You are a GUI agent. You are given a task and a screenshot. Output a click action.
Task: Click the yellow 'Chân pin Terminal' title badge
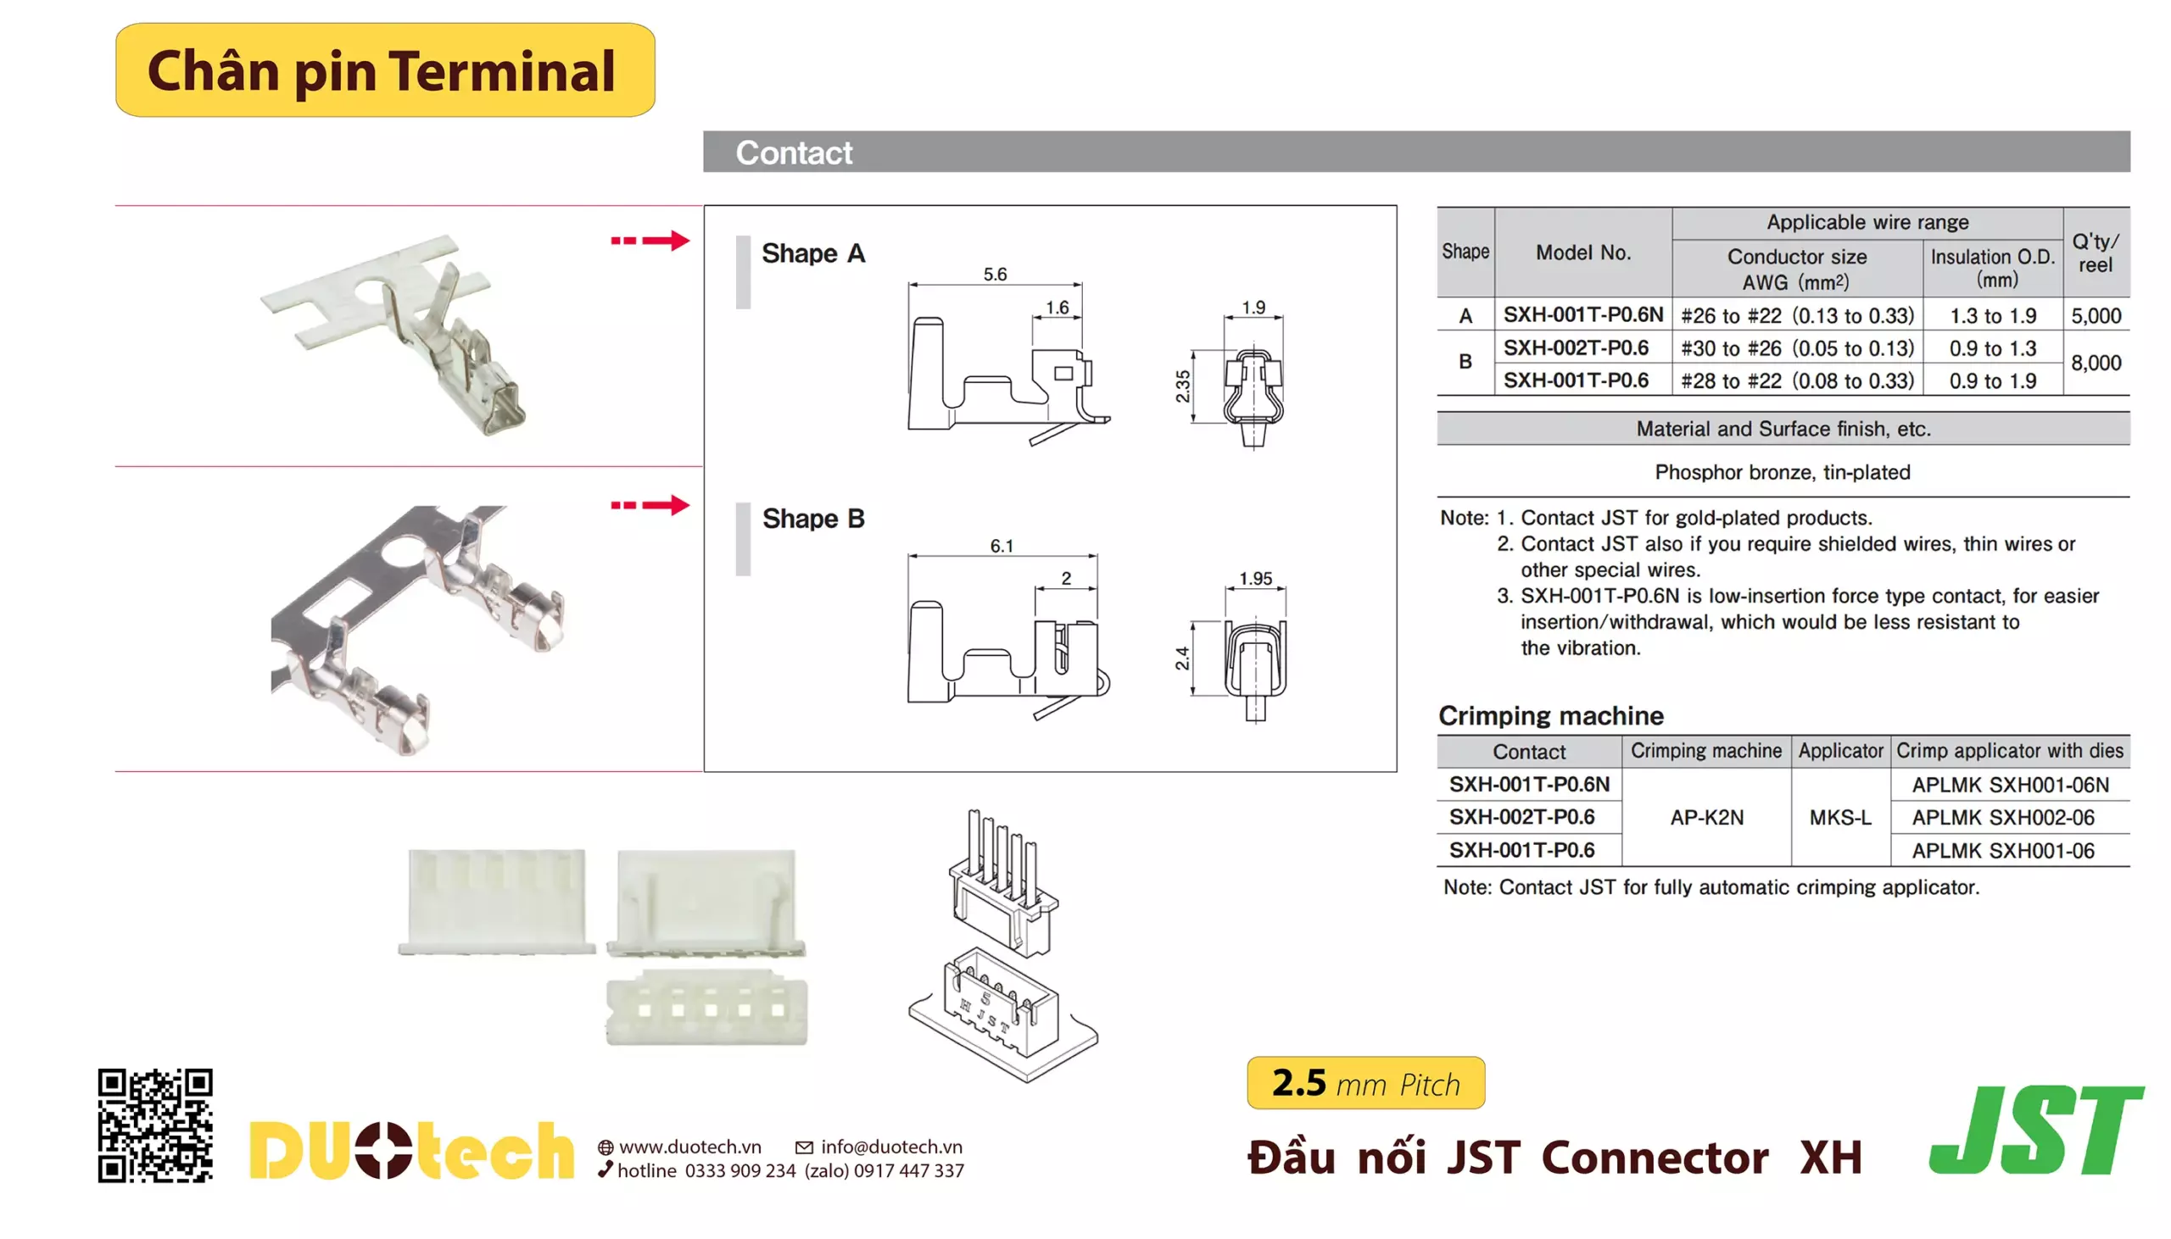pos(385,69)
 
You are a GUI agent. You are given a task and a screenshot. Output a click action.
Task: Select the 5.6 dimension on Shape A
pos(995,274)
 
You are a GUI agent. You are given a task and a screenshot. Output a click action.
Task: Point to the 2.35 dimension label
pos(1182,386)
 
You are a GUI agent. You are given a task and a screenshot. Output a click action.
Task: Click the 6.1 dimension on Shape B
pos(1002,546)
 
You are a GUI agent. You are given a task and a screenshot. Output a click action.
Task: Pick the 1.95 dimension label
pos(1255,579)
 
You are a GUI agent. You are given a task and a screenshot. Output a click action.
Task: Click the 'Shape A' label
pos(813,253)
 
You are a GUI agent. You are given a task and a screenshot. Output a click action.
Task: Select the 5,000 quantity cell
pos(2096,316)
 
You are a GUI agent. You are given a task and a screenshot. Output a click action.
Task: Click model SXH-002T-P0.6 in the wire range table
pos(1575,347)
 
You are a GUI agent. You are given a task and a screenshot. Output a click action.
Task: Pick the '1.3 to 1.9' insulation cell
pos(1992,316)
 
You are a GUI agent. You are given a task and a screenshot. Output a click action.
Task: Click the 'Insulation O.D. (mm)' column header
pos(1992,267)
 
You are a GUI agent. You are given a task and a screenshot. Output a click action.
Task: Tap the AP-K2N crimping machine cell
pos(1706,817)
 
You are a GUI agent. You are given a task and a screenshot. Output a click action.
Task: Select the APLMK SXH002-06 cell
pos(2002,817)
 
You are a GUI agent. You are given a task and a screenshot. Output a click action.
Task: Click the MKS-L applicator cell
pos(1839,817)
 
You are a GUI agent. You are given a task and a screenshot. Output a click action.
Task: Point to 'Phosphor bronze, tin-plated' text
pos(1782,472)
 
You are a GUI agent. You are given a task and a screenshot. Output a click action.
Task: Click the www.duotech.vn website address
pos(689,1147)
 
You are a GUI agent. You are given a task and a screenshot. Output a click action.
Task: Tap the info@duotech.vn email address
pos(890,1147)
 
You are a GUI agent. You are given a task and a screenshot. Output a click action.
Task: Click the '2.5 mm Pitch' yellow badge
pos(1365,1082)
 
